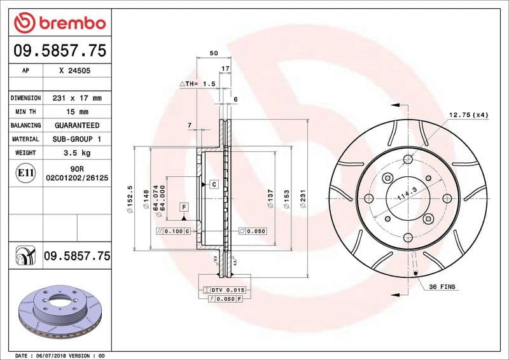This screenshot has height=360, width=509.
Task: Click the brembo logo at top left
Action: pyautogui.click(x=59, y=24)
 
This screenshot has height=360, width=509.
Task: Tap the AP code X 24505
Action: pyautogui.click(x=74, y=72)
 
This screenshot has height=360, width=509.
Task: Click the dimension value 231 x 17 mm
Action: pyautogui.click(x=76, y=99)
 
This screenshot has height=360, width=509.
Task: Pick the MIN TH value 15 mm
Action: pyautogui.click(x=76, y=112)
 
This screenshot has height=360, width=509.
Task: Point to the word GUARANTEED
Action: pyautogui.click(x=76, y=125)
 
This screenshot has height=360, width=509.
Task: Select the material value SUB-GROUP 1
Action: pyautogui.click(x=76, y=139)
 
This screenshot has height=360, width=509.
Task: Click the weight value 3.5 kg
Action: pyautogui.click(x=76, y=153)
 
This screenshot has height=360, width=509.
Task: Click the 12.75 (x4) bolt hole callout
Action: pyautogui.click(x=469, y=114)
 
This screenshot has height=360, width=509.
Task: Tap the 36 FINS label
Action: pyautogui.click(x=442, y=287)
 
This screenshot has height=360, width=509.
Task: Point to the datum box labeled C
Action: pyautogui.click(x=214, y=184)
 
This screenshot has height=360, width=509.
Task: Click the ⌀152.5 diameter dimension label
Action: pyautogui.click(x=130, y=198)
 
